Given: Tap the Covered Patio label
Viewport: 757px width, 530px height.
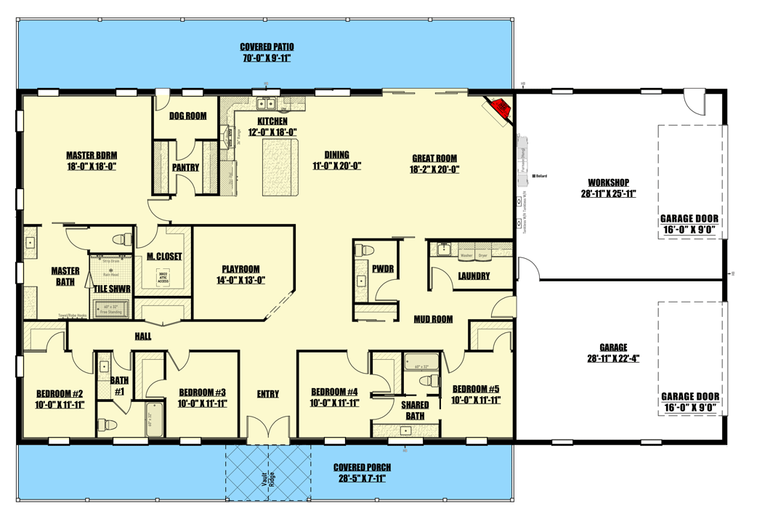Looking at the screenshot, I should (267, 47).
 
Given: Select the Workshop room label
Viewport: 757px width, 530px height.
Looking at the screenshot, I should (609, 182).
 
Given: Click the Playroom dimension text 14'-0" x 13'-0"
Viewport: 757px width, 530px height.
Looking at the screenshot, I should (240, 281).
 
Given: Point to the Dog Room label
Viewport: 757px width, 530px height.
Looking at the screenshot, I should (188, 116).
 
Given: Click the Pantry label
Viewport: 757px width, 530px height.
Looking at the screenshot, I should (186, 167).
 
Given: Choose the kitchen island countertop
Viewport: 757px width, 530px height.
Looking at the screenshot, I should (280, 166).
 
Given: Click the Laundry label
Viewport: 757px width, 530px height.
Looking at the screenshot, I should (474, 276).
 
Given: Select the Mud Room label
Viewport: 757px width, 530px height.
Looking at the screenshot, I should (434, 318).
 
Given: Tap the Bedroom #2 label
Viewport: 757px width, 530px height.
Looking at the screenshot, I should (60, 393).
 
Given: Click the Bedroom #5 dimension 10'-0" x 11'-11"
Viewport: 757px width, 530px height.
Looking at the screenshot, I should (476, 400).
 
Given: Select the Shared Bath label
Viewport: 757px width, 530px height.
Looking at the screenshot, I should (415, 410).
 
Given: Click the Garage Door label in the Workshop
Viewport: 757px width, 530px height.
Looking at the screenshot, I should (689, 219).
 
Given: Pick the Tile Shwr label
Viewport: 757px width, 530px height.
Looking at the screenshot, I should (112, 289).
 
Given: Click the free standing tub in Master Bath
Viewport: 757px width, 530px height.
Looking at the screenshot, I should (110, 310).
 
